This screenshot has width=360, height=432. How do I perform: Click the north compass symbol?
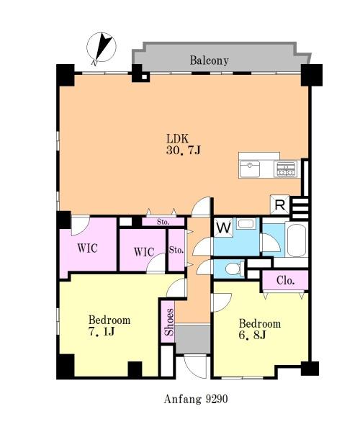click(x=102, y=48)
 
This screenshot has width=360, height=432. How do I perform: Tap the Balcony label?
click(x=209, y=60)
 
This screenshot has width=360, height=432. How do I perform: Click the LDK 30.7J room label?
click(x=184, y=144)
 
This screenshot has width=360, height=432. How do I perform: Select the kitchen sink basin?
click(x=250, y=169)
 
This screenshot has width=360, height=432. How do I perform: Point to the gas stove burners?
click(x=286, y=169)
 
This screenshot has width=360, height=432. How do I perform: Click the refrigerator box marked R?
click(x=280, y=204)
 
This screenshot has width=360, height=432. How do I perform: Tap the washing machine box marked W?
click(x=224, y=228)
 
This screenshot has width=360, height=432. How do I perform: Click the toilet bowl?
click(x=234, y=269)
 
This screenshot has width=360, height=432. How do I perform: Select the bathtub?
click(x=297, y=240)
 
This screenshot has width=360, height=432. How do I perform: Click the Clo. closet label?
click(x=286, y=281)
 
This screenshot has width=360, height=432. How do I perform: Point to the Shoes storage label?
click(x=169, y=322)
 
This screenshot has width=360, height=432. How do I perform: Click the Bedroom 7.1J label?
click(x=109, y=325)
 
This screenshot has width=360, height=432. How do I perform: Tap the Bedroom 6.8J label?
click(x=260, y=329)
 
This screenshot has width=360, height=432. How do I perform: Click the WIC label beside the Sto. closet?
click(x=144, y=252)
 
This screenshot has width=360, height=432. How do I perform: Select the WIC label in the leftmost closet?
click(x=87, y=248)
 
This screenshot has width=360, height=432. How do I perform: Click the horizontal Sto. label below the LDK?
click(x=163, y=222)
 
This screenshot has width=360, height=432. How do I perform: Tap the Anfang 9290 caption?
click(x=196, y=399)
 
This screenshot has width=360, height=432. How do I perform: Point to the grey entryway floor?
click(x=193, y=339)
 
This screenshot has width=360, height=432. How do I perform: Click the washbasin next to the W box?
click(x=245, y=224)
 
